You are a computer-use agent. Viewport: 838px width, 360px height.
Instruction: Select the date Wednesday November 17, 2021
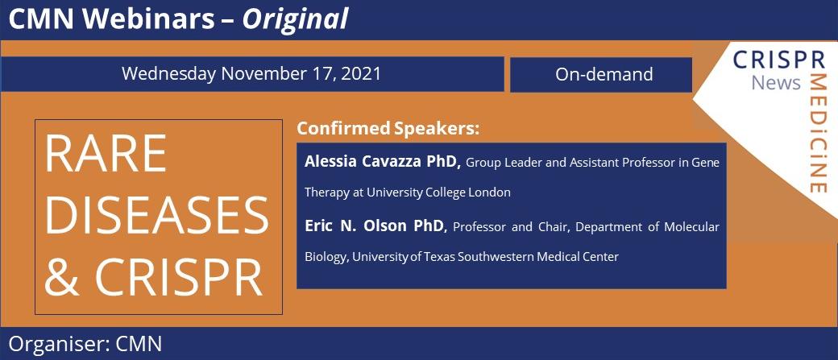251,74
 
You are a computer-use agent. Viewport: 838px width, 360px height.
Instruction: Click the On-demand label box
604,75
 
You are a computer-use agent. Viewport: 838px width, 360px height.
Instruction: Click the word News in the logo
776,82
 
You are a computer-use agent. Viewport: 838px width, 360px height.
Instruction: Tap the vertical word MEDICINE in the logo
818,133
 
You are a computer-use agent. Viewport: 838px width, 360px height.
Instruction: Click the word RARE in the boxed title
106,153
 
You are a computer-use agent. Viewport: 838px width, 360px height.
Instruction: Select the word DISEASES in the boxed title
156,215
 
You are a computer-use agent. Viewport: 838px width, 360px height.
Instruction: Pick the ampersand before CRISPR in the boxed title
61,277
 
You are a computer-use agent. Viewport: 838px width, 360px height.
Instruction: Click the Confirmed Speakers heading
388,128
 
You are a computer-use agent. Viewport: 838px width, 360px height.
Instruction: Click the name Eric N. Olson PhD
375,226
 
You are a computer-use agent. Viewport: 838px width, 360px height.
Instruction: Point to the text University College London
438,193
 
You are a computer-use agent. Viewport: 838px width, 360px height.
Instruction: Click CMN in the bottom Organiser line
139,344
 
